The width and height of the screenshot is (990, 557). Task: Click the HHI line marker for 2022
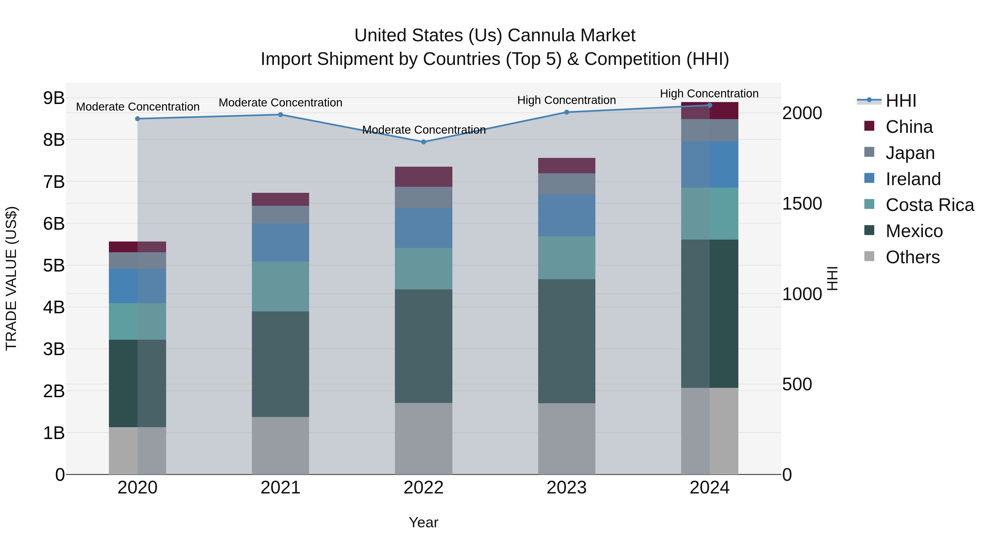point(424,142)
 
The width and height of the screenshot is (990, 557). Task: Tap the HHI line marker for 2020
point(137,119)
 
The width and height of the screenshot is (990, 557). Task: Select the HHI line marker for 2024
point(710,105)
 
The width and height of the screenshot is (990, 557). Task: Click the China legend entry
point(909,127)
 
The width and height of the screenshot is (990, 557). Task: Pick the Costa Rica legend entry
point(929,205)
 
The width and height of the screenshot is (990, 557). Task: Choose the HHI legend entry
point(900,101)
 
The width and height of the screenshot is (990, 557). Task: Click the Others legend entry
point(912,257)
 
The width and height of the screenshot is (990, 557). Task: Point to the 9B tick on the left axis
point(54,98)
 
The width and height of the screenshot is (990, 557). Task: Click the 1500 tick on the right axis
point(802,204)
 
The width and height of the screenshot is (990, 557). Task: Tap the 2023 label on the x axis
point(566,488)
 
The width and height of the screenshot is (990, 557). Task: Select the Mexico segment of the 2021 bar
point(280,364)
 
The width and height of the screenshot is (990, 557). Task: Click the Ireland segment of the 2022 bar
point(424,228)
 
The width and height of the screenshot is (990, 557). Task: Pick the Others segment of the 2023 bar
point(566,439)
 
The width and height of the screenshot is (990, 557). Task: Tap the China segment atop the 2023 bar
point(566,166)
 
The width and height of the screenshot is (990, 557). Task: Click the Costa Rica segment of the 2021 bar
point(280,286)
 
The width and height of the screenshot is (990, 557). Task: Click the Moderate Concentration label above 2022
point(424,130)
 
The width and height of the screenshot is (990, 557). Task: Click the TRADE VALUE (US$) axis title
point(12,278)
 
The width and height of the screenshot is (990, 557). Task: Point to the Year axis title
point(424,522)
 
